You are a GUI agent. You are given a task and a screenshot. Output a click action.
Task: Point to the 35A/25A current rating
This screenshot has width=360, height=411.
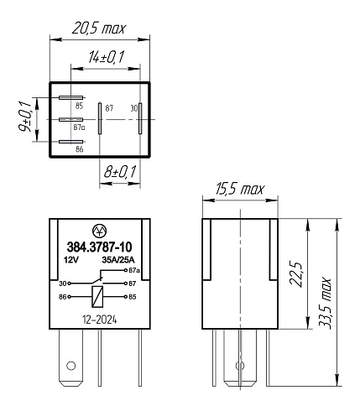pos(118,260)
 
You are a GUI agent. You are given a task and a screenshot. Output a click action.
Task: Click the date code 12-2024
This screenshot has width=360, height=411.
pos(100,319)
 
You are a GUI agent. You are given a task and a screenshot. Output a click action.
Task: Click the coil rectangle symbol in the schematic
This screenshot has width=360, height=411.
pos(99,295)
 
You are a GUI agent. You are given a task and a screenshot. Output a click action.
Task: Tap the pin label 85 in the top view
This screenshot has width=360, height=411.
pos(79,106)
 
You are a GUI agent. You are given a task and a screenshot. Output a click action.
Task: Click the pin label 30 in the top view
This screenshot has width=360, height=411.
pos(133,107)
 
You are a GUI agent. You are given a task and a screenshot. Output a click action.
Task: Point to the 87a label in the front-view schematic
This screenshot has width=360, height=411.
pos(133,272)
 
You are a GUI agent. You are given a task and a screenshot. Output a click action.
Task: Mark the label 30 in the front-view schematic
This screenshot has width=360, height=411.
pos(62,284)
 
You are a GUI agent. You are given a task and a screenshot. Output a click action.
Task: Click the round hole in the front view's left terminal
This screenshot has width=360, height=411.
pos(71,366)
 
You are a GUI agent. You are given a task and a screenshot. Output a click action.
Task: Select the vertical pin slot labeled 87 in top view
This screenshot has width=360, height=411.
pos(100,118)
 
